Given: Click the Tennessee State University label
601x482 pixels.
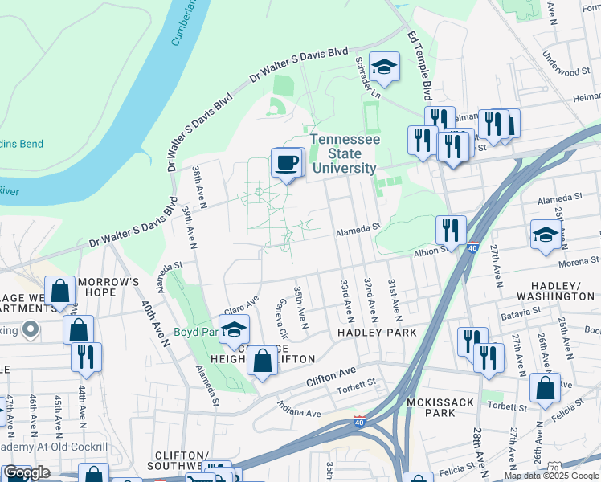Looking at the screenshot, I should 345,153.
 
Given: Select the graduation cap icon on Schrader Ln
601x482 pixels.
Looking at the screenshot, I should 384,67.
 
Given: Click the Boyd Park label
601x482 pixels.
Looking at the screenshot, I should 197,331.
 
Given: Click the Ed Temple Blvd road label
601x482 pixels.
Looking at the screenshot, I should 420,61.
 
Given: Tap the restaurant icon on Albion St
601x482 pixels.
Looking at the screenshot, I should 451,230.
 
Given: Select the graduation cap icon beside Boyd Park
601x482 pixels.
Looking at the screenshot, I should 235,329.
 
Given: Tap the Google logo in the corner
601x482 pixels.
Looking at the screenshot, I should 27,472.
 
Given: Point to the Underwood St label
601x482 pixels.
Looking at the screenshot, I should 566,71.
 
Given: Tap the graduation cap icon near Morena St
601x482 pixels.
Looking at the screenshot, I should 546,235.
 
